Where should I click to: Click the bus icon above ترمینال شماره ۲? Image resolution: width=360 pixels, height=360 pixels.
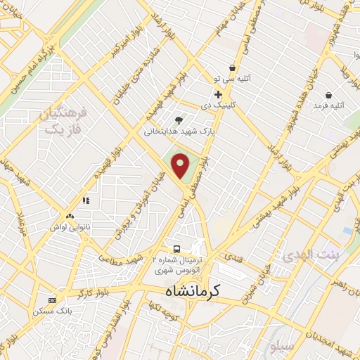176,249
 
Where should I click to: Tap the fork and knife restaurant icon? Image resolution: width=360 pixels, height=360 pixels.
86,200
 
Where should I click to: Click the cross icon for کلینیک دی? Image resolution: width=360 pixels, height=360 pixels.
218,94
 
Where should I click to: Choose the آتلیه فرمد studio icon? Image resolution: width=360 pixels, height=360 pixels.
328,95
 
